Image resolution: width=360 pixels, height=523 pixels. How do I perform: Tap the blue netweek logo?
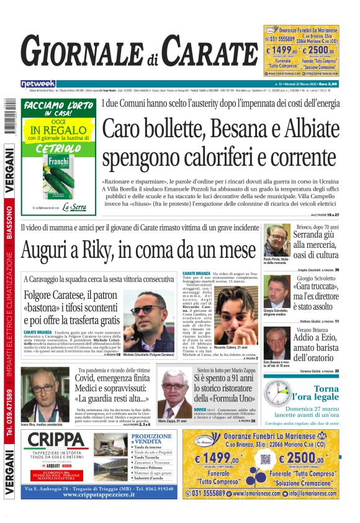coord(38,83)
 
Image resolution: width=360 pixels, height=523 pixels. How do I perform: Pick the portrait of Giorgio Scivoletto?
coord(276,291)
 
